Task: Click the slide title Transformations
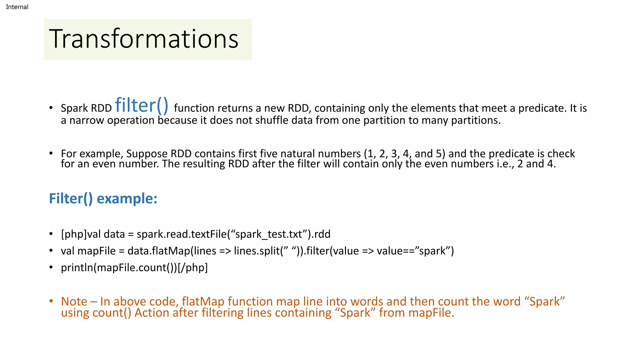(x=144, y=39)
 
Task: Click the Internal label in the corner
(x=17, y=7)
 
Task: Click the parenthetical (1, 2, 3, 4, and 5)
(x=404, y=154)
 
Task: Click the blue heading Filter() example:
(x=103, y=199)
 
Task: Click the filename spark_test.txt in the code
(x=269, y=234)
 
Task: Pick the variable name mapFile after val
(x=97, y=251)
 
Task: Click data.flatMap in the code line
(x=158, y=251)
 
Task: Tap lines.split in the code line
(x=256, y=251)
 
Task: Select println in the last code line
(x=77, y=268)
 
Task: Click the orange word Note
(x=74, y=302)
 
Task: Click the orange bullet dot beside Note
(x=51, y=301)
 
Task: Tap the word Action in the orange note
(x=152, y=313)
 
